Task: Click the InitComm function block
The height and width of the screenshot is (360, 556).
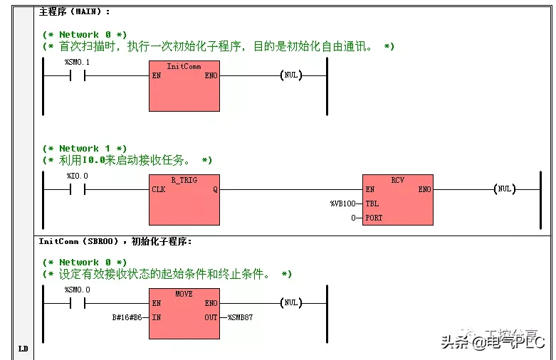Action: [x=184, y=86]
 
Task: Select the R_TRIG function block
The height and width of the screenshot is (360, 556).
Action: [x=184, y=200]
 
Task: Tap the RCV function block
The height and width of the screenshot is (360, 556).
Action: [x=397, y=200]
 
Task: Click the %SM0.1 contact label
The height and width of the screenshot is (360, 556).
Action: [x=77, y=62]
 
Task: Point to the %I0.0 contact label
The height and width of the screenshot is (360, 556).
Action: [x=77, y=176]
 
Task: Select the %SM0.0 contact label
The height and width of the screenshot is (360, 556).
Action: [x=77, y=290]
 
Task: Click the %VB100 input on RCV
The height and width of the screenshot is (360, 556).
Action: [x=342, y=203]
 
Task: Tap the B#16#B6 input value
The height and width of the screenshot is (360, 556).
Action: [x=128, y=317]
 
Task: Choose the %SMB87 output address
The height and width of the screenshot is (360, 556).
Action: [x=240, y=317]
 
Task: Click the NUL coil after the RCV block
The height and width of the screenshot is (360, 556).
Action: [x=504, y=189]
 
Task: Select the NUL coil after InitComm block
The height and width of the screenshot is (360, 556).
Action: [x=290, y=75]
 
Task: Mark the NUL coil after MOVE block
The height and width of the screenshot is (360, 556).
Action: [x=290, y=303]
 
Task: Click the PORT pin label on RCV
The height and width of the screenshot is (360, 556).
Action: [x=374, y=218]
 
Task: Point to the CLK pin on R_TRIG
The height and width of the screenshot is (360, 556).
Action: [x=159, y=189]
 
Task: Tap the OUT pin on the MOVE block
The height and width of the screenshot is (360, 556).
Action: [x=211, y=317]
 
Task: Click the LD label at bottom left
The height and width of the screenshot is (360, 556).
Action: [x=23, y=349]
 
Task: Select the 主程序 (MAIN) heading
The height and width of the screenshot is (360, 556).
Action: [x=74, y=12]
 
